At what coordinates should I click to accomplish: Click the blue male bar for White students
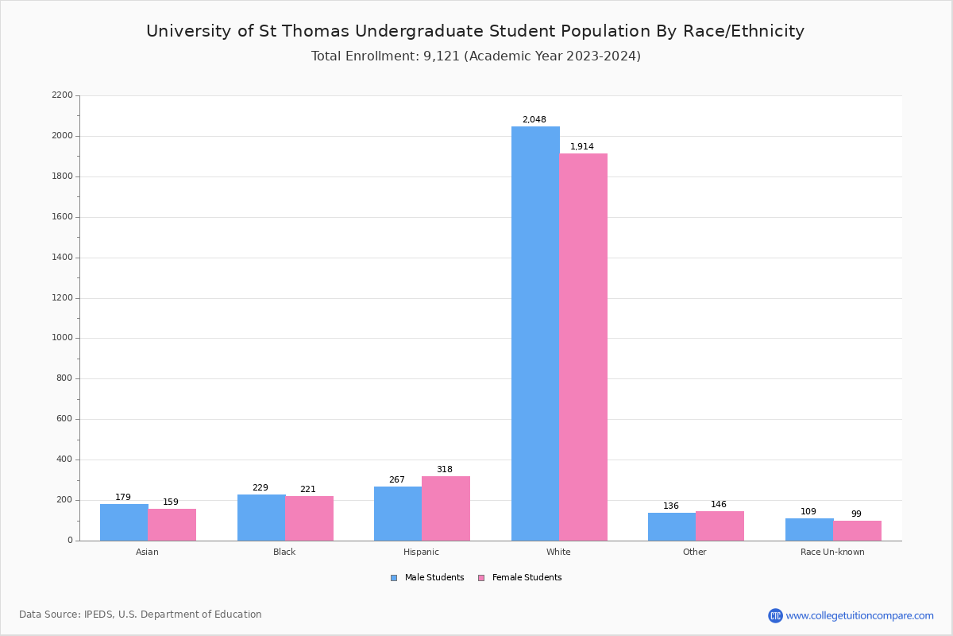coord(535,334)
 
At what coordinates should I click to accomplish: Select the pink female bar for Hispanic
coord(446,509)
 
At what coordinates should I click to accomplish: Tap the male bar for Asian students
coord(124,522)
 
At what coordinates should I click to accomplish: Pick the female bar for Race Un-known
coord(857,531)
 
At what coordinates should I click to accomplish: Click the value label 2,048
coord(534,120)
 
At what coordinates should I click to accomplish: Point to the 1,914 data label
coord(582,147)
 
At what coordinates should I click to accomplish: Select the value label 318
coord(444,470)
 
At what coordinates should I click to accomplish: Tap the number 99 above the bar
coord(856,514)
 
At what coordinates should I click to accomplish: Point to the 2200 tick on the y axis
coord(62,95)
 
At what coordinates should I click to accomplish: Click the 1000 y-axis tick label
coord(62,338)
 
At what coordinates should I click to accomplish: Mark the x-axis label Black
coord(284,552)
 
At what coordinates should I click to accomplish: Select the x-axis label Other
coord(694,552)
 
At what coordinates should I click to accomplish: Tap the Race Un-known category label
coord(832,552)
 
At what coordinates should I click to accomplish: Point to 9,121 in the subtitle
coord(442,56)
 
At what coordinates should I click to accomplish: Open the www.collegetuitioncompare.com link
coord(859,615)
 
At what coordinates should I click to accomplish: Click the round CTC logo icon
coord(775,615)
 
